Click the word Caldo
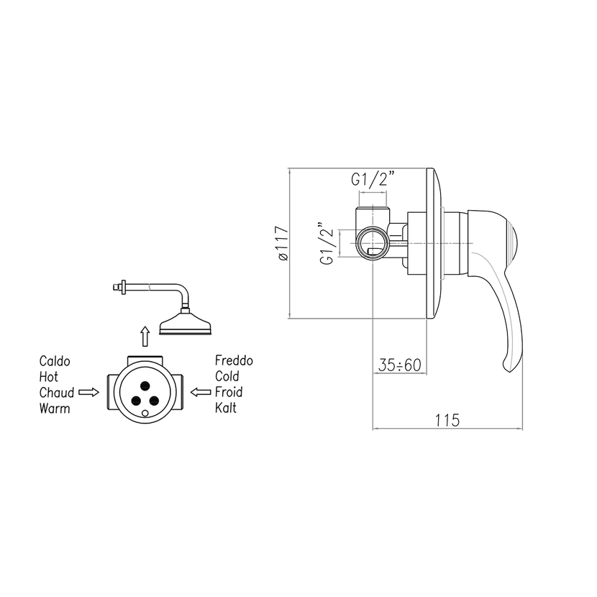point(55,361)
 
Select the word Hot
point(48,377)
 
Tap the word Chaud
point(56,393)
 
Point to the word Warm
point(55,409)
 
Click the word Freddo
point(234,360)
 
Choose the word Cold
point(227,376)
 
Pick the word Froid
point(229,392)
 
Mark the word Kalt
point(226,408)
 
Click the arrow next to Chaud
point(88,392)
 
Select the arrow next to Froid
point(200,392)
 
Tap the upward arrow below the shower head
point(145,336)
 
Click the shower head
point(185,323)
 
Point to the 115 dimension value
point(447,420)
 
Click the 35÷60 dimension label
point(400,365)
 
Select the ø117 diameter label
point(283,243)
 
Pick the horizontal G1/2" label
point(372,178)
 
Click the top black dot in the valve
point(145,386)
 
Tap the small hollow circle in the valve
point(145,414)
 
